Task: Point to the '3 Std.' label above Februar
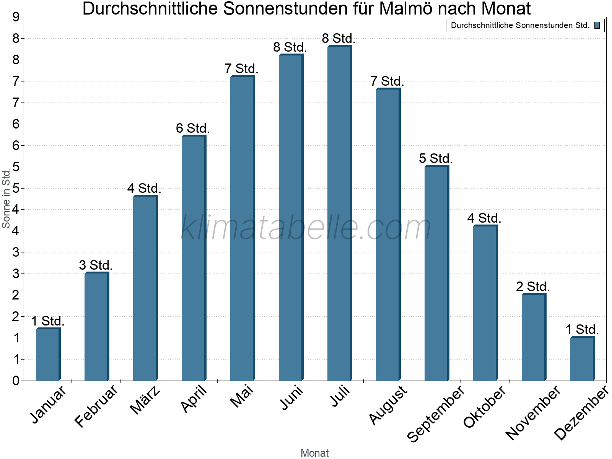point(96,265)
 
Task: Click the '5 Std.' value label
point(436,158)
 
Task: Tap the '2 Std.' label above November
point(533,286)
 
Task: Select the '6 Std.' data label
point(193,129)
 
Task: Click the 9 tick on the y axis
point(16,17)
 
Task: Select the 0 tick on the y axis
point(16,381)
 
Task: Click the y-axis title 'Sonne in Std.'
point(6,199)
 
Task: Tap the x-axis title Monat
point(314,453)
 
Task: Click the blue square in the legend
point(597,26)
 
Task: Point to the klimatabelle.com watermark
point(306,228)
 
